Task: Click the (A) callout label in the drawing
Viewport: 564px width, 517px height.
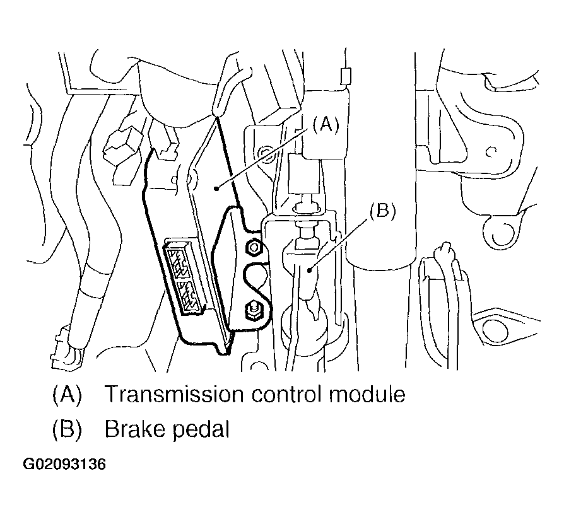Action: pyautogui.click(x=324, y=125)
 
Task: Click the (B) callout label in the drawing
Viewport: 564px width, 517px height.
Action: pyautogui.click(x=382, y=211)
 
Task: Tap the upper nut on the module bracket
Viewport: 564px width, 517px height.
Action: pyautogui.click(x=254, y=247)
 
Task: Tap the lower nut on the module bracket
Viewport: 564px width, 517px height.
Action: pyautogui.click(x=250, y=310)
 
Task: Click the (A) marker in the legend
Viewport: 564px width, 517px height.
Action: pyautogui.click(x=67, y=395)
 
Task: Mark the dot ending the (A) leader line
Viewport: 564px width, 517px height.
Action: pyautogui.click(x=216, y=187)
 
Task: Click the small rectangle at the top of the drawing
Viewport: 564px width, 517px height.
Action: pyautogui.click(x=344, y=75)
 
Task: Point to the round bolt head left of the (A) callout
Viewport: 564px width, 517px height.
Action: pyautogui.click(x=265, y=151)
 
